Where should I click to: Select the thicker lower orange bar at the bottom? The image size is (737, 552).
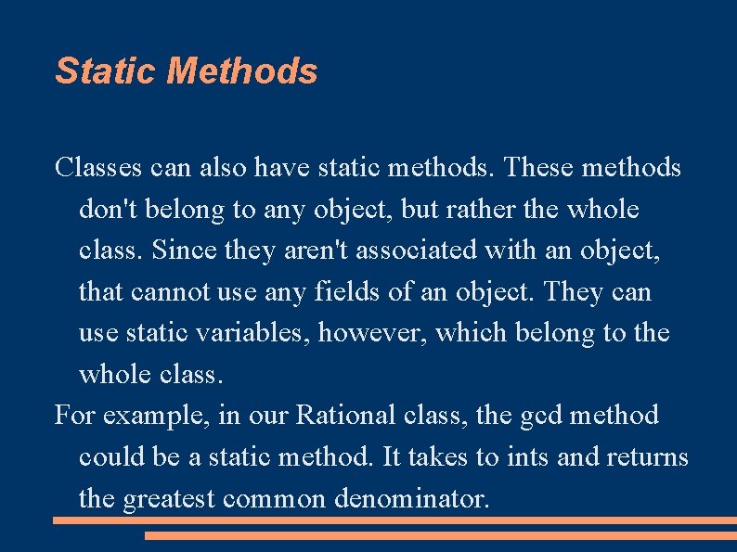441,535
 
